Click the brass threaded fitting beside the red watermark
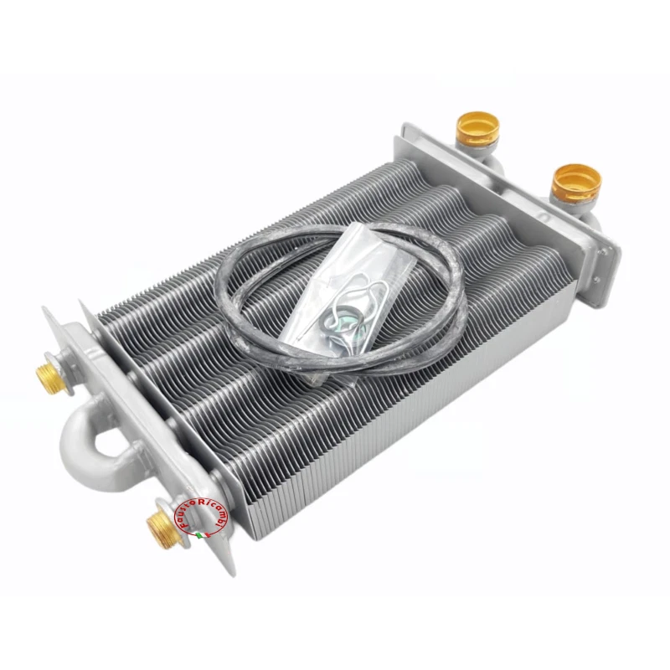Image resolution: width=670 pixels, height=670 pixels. [x=158, y=527]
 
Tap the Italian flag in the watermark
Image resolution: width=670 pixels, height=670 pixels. [x=199, y=533]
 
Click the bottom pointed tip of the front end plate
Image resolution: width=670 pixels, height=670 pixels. [x=228, y=572]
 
